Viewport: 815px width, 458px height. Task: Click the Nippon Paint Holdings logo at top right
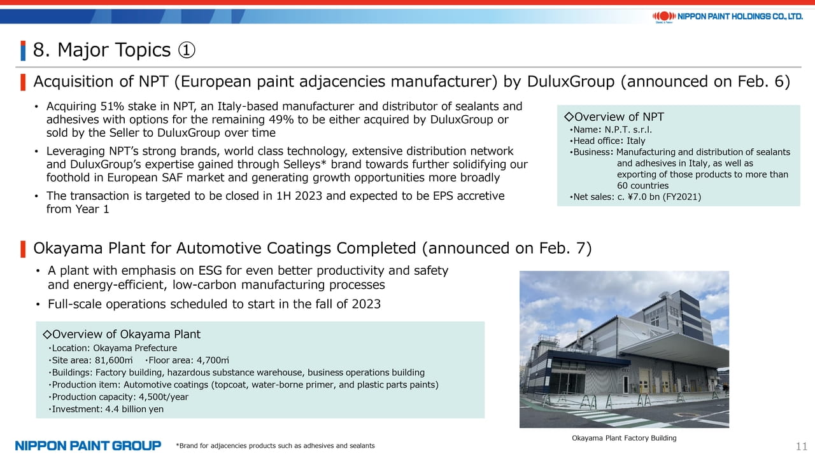coord(727,17)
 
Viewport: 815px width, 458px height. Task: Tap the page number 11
coord(801,446)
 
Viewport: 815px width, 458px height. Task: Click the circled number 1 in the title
coord(187,50)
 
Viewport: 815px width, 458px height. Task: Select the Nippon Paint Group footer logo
coord(88,446)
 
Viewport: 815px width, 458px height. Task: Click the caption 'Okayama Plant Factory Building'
coord(624,438)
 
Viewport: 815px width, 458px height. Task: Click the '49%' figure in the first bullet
coord(281,120)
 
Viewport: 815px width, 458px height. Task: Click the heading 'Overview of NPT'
coord(614,116)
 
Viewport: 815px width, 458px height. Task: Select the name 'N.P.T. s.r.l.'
coord(628,130)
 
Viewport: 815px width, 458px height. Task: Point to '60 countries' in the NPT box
coord(642,186)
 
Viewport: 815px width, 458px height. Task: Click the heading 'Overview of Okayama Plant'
coord(122,334)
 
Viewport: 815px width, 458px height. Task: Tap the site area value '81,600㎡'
coord(113,360)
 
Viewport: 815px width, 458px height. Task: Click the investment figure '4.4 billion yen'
coord(134,409)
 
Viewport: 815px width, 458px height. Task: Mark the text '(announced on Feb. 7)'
coord(507,249)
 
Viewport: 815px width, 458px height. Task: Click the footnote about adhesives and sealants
coord(275,446)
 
